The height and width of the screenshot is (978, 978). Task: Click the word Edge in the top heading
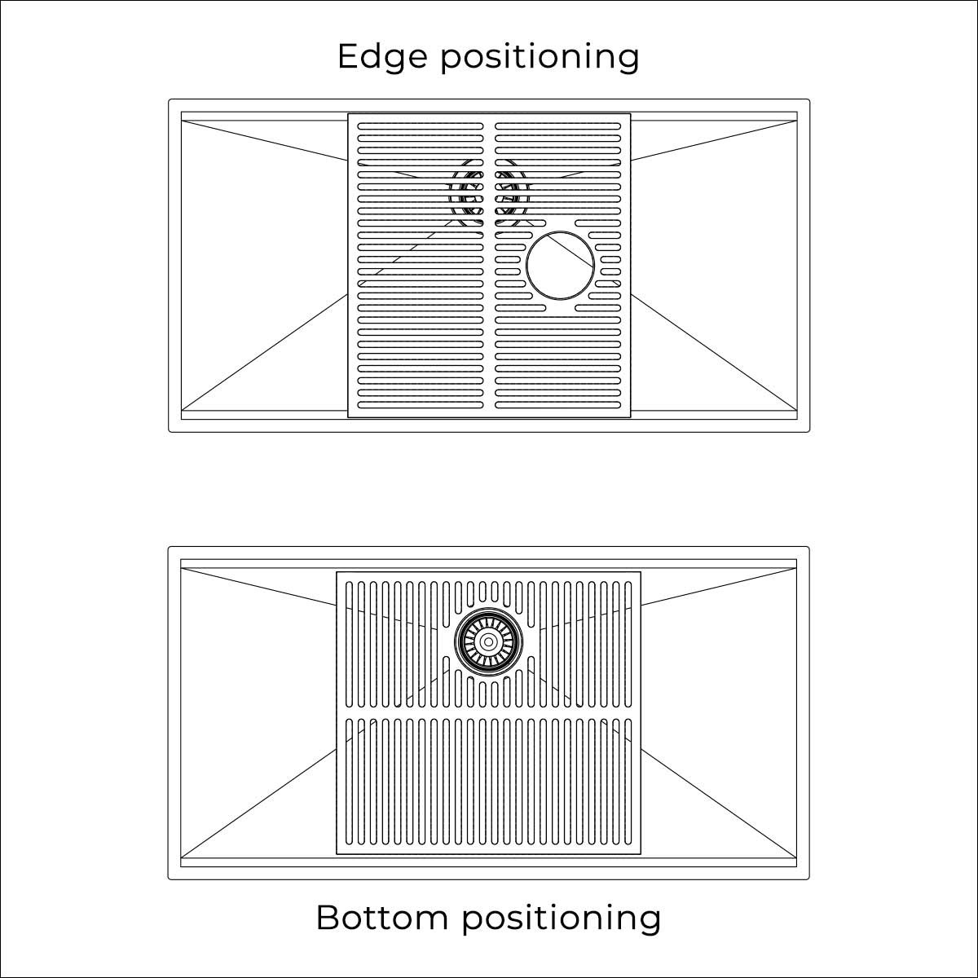coord(382,58)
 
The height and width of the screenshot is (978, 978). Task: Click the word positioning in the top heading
coord(540,58)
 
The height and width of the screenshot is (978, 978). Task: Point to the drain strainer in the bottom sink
coord(488,641)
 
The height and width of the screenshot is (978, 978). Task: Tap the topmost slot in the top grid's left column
coord(421,126)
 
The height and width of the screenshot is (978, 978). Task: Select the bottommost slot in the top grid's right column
coord(557,405)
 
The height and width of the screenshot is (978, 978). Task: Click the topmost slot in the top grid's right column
coord(557,126)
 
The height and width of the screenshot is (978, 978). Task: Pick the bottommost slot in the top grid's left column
coord(421,405)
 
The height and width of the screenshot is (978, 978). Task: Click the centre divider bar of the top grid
coord(489,266)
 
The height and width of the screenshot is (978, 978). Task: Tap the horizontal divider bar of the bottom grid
coord(489,712)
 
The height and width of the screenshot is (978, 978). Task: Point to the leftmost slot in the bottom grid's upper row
coord(349,645)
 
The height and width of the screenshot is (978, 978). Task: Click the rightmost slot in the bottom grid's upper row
coord(628,645)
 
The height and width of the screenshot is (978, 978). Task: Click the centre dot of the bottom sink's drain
coord(488,641)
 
